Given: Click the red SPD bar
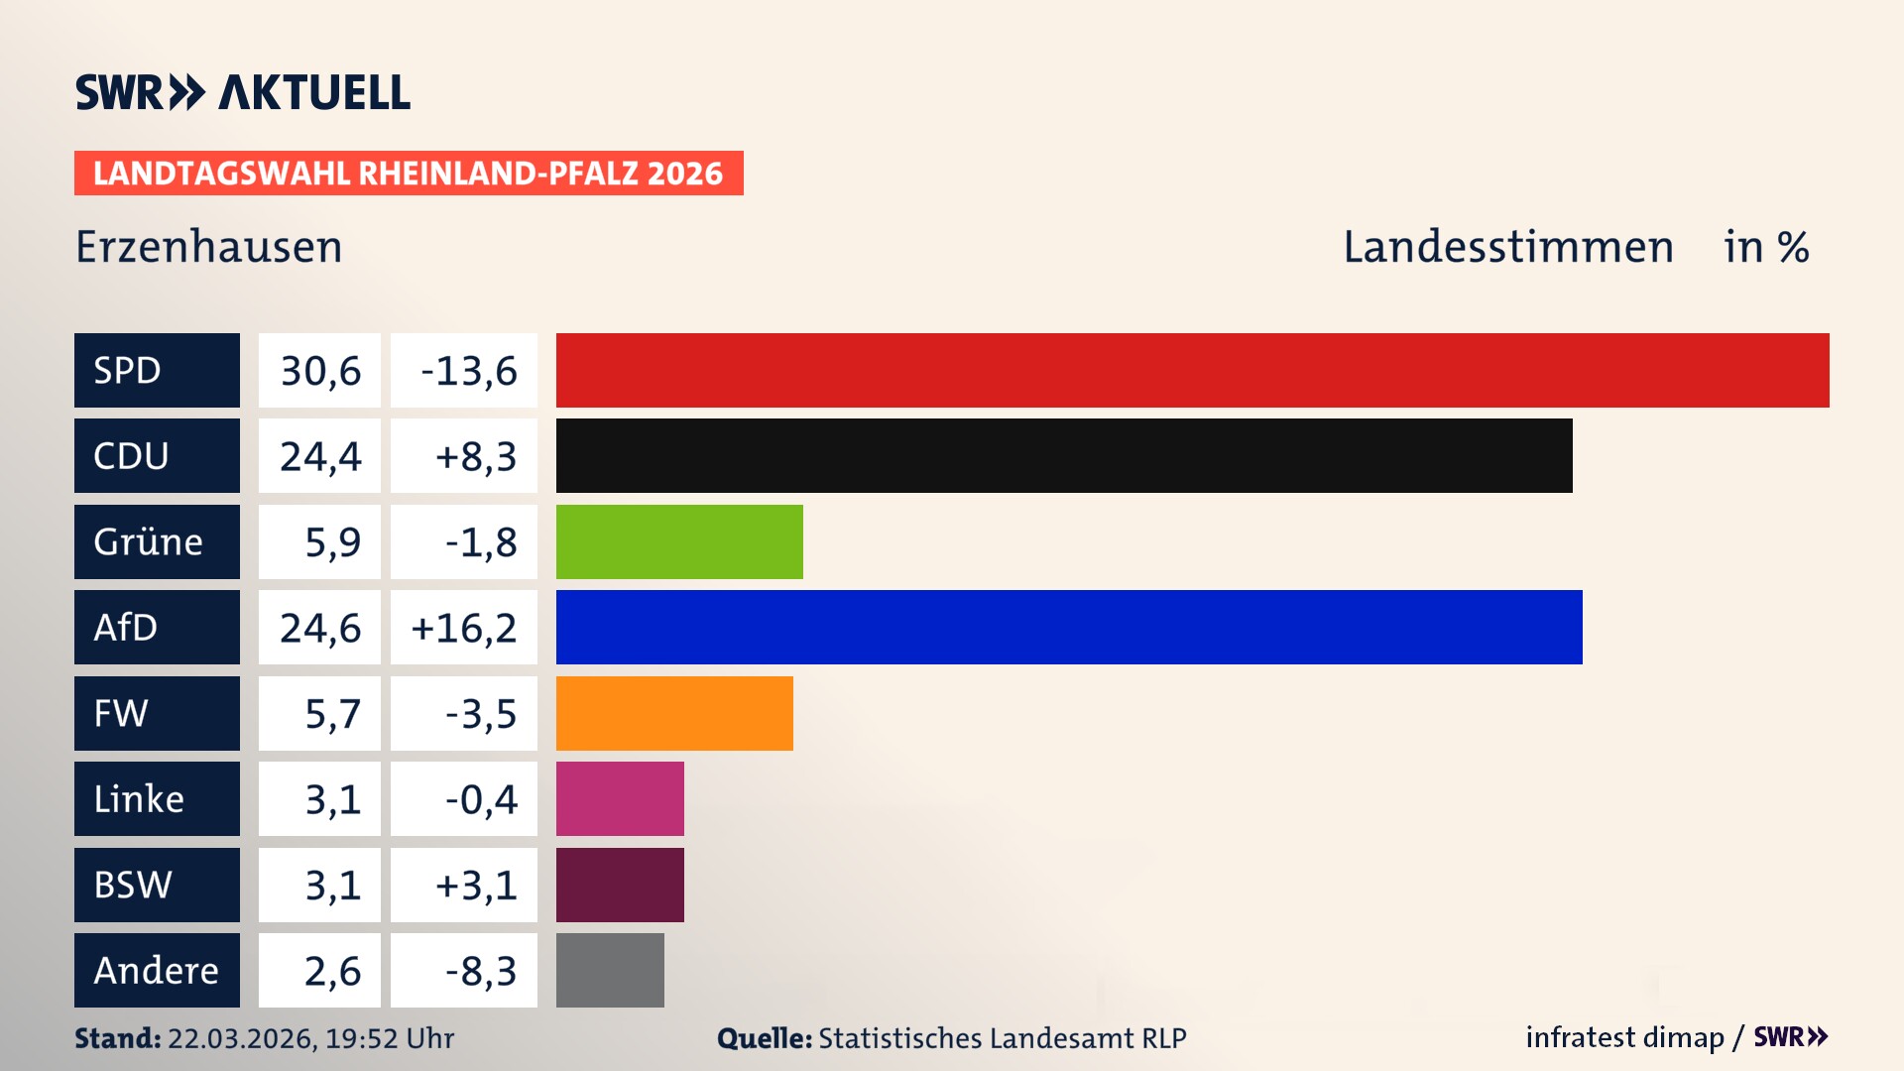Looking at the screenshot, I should click(x=1192, y=370).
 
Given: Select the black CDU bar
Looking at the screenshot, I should click(x=1064, y=455).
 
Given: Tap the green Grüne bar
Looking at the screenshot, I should click(x=679, y=541).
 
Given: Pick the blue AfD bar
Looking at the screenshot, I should click(x=1069, y=627).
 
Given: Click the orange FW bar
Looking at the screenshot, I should click(x=674, y=713).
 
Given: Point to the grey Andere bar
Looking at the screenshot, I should click(x=610, y=970).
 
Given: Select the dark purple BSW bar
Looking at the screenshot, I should click(x=620, y=885).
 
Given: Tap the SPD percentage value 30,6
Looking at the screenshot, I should click(x=319, y=370).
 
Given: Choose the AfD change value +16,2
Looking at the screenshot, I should click(x=463, y=627).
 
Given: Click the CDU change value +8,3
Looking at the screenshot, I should click(x=475, y=455).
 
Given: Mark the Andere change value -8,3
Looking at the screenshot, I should click(x=480, y=970).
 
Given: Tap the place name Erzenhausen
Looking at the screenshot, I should click(x=208, y=246).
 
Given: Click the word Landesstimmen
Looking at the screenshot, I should click(x=1507, y=246).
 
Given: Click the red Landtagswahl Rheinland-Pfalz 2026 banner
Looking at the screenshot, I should click(x=409, y=173).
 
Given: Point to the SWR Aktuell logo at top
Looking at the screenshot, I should click(x=242, y=92).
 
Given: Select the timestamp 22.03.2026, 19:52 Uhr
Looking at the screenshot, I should click(x=310, y=1038).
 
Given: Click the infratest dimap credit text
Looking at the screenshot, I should click(x=1623, y=1037).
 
